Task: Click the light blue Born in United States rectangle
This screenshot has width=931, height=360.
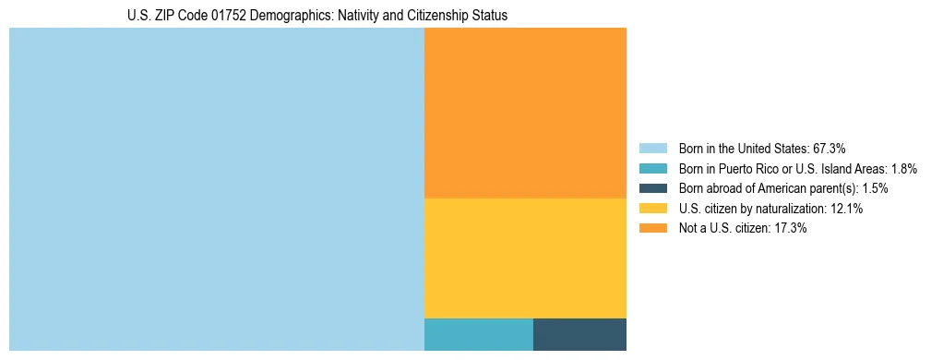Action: coord(216,189)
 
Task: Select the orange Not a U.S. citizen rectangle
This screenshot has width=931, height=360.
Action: coord(525,113)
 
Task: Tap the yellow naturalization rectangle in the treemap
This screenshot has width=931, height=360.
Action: coord(525,258)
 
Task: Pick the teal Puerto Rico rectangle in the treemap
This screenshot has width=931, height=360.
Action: coord(478,334)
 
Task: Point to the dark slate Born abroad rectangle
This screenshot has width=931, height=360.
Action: coord(579,334)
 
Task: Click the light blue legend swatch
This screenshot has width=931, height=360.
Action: coord(652,148)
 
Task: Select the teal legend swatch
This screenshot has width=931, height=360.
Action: coord(652,168)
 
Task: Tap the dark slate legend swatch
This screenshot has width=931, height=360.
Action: coord(652,188)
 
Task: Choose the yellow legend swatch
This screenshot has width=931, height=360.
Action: coord(652,209)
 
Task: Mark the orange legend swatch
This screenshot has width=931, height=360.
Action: coord(652,229)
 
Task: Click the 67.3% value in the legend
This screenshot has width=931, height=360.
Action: coord(830,148)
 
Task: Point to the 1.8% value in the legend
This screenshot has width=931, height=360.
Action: coord(904,168)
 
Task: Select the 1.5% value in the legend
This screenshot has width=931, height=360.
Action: coord(881,188)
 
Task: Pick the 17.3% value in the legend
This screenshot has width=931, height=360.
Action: coord(790,229)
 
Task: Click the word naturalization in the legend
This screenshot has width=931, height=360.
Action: coord(790,209)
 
